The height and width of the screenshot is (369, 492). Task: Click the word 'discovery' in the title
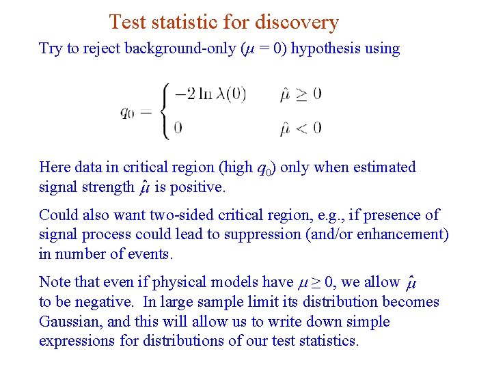(297, 22)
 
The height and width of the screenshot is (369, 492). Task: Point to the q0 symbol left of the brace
(128, 111)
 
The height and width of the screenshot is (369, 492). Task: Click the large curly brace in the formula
(164, 110)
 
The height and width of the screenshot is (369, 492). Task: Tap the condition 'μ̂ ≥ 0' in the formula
(300, 94)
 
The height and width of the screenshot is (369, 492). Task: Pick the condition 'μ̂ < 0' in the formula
(300, 127)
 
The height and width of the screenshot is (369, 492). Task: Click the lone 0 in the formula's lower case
(178, 127)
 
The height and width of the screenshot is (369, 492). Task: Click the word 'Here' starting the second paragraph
(54, 167)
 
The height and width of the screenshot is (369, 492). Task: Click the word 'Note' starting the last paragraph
(54, 282)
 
